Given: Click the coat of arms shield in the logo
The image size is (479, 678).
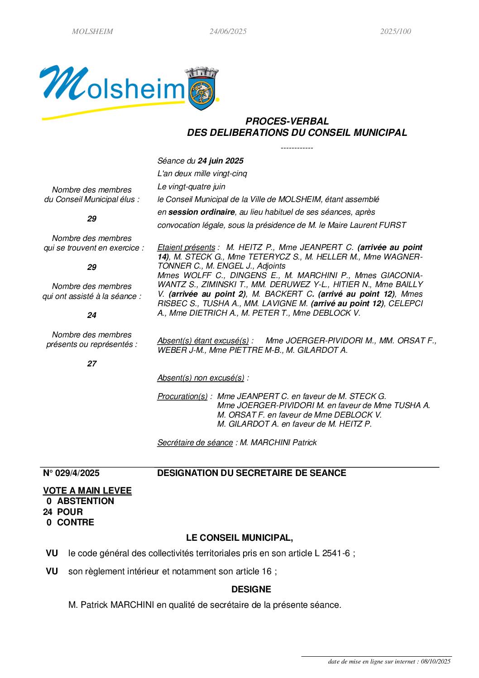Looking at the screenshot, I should pos(202,94).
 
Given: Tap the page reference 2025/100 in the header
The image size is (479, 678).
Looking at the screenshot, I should pos(395,32).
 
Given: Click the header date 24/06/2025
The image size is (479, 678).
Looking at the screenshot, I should pos(228,32).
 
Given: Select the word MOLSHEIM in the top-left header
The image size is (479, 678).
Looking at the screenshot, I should pos(92,32).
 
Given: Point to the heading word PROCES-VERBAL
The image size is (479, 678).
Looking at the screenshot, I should pos(287,121).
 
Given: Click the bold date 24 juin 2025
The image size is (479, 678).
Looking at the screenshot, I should pos(220,161).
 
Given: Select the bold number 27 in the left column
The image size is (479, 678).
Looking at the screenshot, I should pos(92,364).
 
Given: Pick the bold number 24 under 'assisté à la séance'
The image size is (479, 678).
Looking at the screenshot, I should pos(92,315).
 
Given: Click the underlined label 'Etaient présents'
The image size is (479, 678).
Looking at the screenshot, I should pos(186,248).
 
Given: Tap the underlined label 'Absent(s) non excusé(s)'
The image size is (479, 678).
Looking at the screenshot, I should pos(201,378).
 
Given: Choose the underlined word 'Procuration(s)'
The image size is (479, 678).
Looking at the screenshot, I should pos(182,396).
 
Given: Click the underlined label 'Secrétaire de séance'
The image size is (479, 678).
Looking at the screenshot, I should pos(195,442).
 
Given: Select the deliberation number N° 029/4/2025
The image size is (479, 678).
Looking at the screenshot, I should pos(71,473).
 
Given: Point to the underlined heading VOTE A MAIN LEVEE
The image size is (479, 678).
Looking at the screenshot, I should pos(87,491).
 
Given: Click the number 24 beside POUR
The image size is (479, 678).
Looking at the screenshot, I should pos(48,512).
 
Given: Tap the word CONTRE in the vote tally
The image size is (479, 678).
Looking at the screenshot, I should pos(76,523).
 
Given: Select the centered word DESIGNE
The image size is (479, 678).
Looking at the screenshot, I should pos(251,590).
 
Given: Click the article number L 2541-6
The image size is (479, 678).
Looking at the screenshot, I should pos(332,553).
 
